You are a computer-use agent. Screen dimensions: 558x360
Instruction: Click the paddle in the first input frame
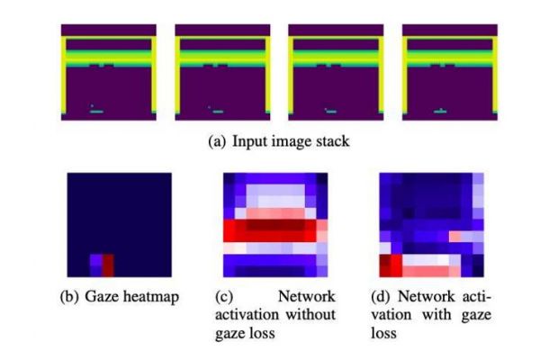(96, 112)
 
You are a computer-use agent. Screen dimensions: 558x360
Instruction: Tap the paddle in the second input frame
(218, 112)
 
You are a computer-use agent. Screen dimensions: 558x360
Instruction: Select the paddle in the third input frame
(331, 112)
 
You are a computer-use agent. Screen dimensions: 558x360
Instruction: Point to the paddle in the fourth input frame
(441, 112)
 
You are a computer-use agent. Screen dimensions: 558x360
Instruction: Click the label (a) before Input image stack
(217, 141)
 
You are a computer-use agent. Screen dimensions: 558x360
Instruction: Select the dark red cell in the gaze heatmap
(108, 265)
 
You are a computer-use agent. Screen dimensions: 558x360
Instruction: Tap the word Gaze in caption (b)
(101, 297)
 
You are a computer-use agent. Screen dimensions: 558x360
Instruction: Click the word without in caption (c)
(310, 314)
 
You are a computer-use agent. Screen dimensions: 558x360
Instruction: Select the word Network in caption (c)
(306, 296)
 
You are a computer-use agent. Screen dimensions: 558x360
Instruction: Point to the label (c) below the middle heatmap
(224, 297)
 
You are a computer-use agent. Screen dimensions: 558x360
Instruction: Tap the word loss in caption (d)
(383, 333)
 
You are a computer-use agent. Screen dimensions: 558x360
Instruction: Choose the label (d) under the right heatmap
(380, 297)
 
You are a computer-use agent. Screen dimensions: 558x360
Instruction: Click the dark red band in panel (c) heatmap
(275, 225)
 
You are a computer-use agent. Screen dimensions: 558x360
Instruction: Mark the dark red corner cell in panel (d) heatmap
(384, 265)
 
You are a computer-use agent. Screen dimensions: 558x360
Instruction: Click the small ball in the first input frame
(92, 105)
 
